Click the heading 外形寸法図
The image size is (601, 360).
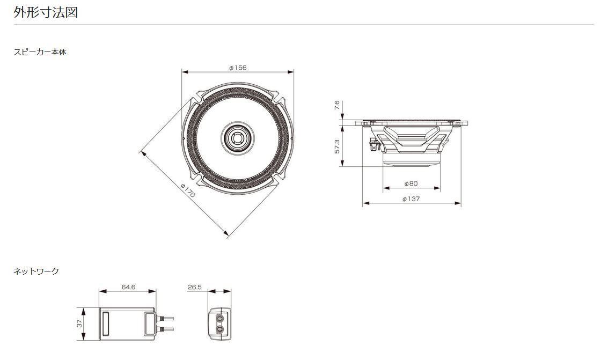pyautogui.click(x=46, y=12)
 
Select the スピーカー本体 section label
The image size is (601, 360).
pyautogui.click(x=40, y=52)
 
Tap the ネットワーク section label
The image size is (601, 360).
pyautogui.click(x=36, y=271)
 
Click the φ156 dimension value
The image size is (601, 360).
pyautogui.click(x=238, y=68)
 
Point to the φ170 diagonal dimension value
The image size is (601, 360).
pyautogui.click(x=188, y=190)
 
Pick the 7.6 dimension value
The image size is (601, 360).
pyautogui.click(x=337, y=105)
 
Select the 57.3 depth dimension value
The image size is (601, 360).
pyautogui.click(x=337, y=146)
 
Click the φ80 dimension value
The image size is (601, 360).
pyautogui.click(x=411, y=183)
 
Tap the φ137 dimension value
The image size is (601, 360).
pyautogui.click(x=411, y=199)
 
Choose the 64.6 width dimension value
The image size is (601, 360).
pyautogui.click(x=128, y=287)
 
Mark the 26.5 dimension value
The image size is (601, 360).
pyautogui.click(x=195, y=287)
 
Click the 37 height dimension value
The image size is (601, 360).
pyautogui.click(x=80, y=324)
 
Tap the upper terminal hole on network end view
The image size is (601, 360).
pyautogui.click(x=219, y=318)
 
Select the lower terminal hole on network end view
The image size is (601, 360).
pyautogui.click(x=219, y=329)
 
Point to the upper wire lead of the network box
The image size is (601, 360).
pyautogui.click(x=164, y=318)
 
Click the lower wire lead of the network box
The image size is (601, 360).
pyautogui.click(x=164, y=329)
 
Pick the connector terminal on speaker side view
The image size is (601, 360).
pyautogui.click(x=373, y=145)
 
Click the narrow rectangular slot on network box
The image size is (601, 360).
pyautogui.click(x=105, y=324)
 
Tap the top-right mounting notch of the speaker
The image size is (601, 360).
pyautogui.click(x=278, y=98)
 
